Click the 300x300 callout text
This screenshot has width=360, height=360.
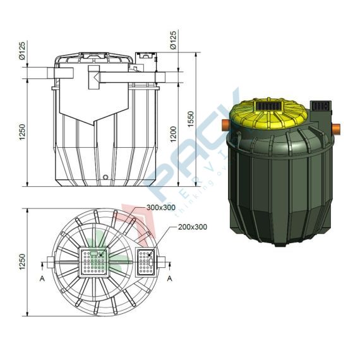pyautogui.click(x=161, y=207)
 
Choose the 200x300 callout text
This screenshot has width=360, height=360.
pyautogui.click(x=193, y=226)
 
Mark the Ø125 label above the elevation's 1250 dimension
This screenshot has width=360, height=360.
pyautogui.click(x=23, y=50)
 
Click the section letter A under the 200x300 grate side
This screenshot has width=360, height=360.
pyautogui.click(x=170, y=277)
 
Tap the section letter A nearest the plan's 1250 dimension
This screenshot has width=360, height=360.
pyautogui.click(x=42, y=277)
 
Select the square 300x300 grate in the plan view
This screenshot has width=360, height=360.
pyautogui.click(x=95, y=263)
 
